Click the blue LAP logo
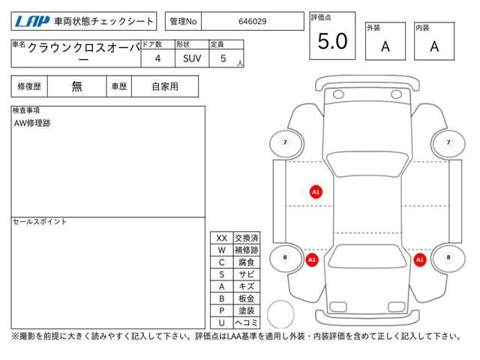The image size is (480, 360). click(x=32, y=22)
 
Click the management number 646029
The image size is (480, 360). click(x=253, y=22)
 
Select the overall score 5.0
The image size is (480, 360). click(x=333, y=41)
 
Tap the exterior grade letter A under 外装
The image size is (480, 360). click(x=385, y=46)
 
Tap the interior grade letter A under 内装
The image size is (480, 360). click(x=434, y=46)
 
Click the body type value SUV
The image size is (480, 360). click(x=192, y=58)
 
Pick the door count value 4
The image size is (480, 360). click(x=157, y=58)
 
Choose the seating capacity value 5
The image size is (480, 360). click(x=223, y=58)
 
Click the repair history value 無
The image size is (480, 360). click(x=76, y=86)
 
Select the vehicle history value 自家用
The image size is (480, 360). click(x=165, y=86)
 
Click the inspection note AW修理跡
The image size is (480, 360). click(x=32, y=123)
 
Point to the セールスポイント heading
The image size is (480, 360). click(x=40, y=221)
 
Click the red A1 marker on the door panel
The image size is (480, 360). click(x=316, y=192)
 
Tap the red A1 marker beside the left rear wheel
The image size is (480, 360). click(x=312, y=260)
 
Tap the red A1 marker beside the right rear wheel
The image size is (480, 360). click(x=420, y=260)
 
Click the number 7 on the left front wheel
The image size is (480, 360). click(x=285, y=142)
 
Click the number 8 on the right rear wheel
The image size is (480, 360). click(x=448, y=257)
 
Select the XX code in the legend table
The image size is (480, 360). click(x=222, y=238)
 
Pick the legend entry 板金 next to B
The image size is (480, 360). click(x=247, y=298)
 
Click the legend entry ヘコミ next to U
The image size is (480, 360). click(x=247, y=322)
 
